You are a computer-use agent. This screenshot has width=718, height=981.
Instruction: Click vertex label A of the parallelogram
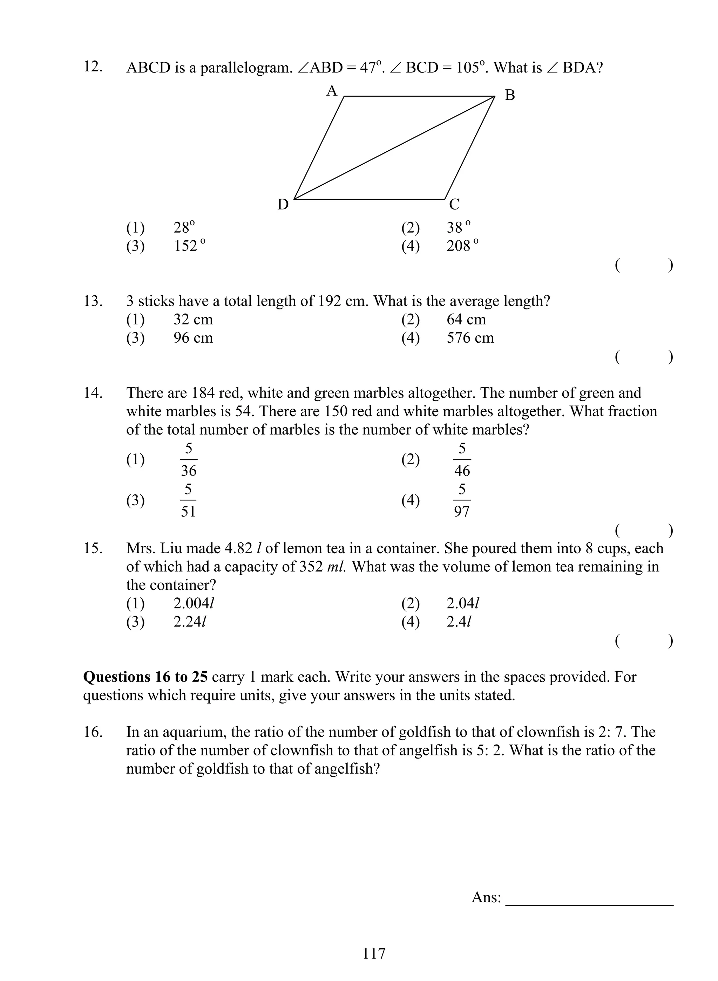[332, 91]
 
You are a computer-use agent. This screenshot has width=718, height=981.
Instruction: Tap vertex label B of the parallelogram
[510, 95]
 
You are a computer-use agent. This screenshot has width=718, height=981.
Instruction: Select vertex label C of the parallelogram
[454, 204]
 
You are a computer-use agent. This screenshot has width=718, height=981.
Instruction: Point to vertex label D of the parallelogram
[283, 204]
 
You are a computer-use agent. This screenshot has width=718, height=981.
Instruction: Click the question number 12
[93, 67]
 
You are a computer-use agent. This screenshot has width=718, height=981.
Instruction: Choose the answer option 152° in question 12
[189, 246]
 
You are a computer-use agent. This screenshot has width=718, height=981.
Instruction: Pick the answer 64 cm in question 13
[466, 320]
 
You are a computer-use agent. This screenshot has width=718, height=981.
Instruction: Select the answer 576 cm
[470, 338]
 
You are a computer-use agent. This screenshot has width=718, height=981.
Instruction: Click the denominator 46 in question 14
[462, 470]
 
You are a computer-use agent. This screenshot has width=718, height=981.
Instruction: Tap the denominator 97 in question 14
[462, 512]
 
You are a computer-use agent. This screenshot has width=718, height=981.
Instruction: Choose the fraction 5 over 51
[188, 501]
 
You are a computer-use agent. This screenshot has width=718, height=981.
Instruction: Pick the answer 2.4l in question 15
[459, 622]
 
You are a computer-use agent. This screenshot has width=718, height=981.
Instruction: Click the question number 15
[93, 548]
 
